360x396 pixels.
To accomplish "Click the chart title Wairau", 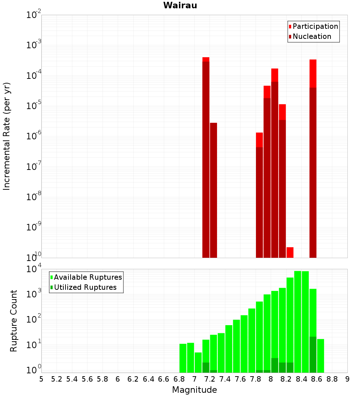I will coord(180,5).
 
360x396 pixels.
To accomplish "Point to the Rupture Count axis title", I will coord(14,320).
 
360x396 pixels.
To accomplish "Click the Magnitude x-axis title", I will coord(194,390).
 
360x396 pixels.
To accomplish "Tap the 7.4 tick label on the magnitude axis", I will coord(225,379).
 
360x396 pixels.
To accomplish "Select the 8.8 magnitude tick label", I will coord(332,379).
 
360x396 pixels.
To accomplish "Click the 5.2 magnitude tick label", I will coord(57,379).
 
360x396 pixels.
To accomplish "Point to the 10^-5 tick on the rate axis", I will coord(34,106).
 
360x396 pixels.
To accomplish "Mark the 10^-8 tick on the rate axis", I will coord(34,197).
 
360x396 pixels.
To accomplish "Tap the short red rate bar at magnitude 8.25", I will coord(290,252).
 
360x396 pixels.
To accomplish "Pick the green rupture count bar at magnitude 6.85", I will coord(183,358).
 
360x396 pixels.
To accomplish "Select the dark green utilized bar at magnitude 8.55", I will coord(313,355).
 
